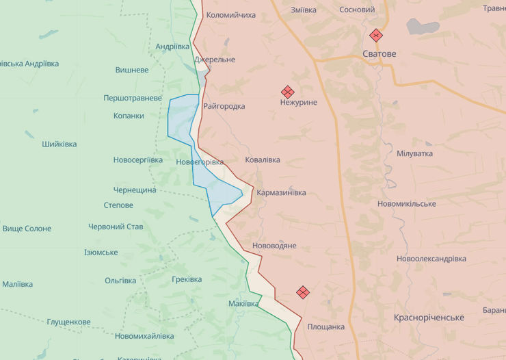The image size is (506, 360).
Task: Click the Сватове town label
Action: [x=379, y=53]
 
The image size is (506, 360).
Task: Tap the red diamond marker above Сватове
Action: [x=375, y=36]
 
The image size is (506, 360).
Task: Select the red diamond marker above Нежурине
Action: [x=287, y=92]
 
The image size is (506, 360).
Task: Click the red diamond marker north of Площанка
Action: [x=303, y=292]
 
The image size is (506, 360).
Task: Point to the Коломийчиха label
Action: [x=230, y=14]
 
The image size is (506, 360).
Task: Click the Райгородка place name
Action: [x=224, y=106]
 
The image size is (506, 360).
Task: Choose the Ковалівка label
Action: [x=263, y=159]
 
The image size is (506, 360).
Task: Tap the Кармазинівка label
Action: [x=281, y=193]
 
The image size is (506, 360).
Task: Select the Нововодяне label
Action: [x=274, y=245]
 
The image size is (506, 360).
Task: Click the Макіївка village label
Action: [x=244, y=303]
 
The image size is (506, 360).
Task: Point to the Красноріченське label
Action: [x=429, y=318]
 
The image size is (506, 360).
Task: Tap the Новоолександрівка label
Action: [x=431, y=259]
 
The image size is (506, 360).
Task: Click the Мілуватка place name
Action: [x=414, y=153]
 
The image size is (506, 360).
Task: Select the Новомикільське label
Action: [x=406, y=204]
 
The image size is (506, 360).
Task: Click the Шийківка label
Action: [x=59, y=144]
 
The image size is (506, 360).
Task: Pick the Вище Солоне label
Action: [x=27, y=229]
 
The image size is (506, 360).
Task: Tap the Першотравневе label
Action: [x=133, y=98]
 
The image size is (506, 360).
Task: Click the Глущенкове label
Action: [x=68, y=322]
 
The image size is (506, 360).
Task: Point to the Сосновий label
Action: [x=357, y=10]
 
